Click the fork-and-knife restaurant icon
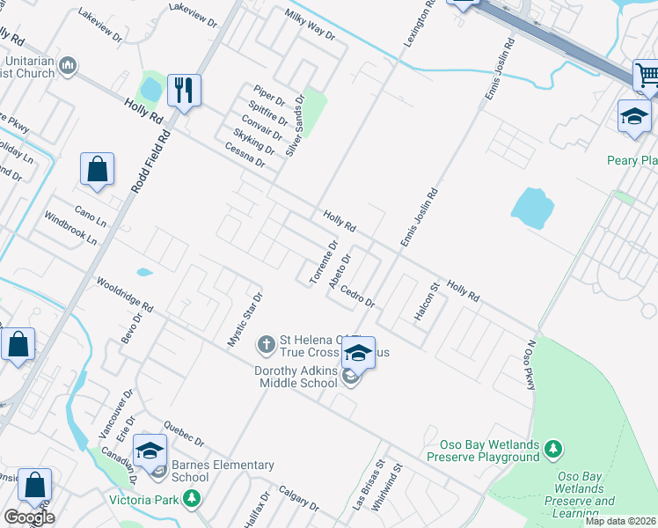tap(184, 91)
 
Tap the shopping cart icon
tap(647, 75)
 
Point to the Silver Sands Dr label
tap(295, 124)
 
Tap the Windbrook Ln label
tap(70, 227)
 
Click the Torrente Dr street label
tap(323, 262)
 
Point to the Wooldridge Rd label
tap(125, 295)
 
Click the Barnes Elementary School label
tap(223, 471)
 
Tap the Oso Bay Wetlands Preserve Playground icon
tap(552, 450)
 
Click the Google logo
tap(29, 517)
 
